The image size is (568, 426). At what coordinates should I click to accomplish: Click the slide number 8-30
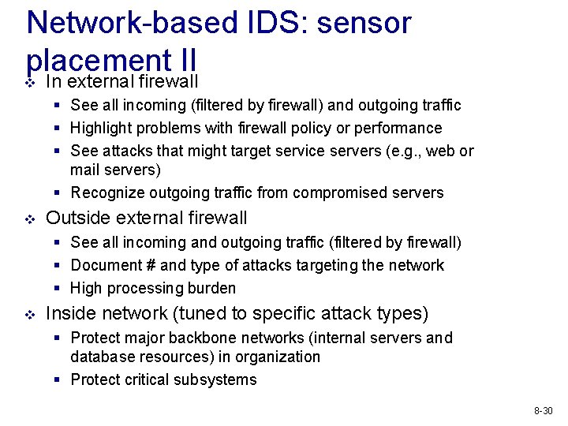coord(544,411)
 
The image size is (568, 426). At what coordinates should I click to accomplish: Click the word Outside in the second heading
coord(78,218)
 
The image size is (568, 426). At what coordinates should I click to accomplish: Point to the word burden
coord(211,288)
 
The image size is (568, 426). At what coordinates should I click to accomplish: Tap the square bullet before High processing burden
coord(59,288)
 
